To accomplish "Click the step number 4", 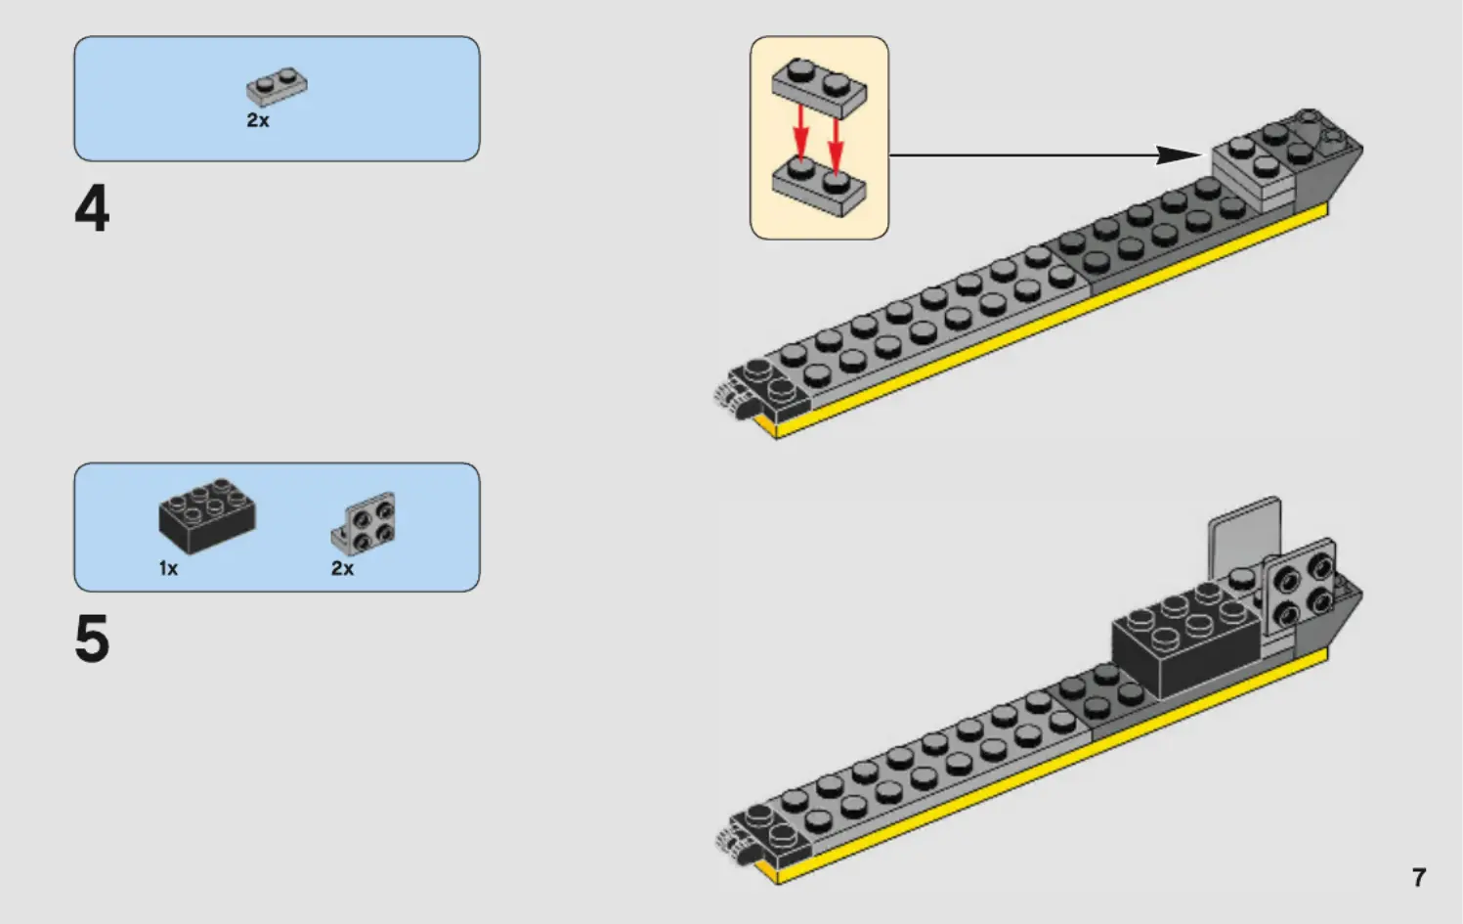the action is click(x=92, y=209).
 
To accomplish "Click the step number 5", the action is click(x=92, y=640).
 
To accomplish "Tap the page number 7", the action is click(x=1419, y=877).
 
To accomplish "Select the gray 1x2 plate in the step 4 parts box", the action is click(x=277, y=87).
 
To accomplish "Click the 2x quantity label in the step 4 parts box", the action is click(x=258, y=120).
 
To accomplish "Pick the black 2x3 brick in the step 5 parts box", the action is click(x=207, y=514).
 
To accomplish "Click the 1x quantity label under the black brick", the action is click(x=168, y=568).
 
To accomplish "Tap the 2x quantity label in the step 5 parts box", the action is click(x=342, y=568).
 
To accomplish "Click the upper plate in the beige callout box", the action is click(x=819, y=87).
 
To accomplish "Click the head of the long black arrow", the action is click(x=1181, y=154).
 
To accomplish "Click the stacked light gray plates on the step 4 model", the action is click(x=1253, y=172).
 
